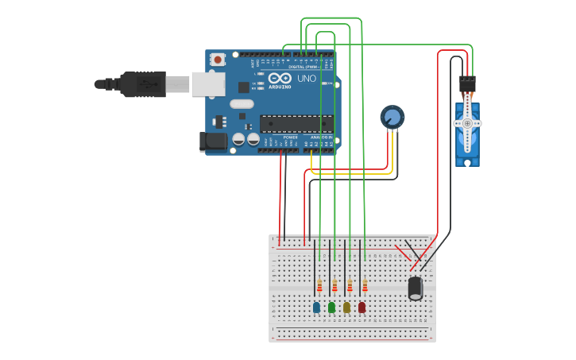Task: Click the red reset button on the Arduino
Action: [217, 59]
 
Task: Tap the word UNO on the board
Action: [307, 79]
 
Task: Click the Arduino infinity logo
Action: [280, 78]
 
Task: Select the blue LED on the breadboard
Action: [316, 307]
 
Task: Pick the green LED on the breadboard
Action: [331, 307]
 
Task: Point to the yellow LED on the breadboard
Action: [346, 307]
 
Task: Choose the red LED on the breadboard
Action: [361, 307]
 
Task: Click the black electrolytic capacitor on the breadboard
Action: [416, 288]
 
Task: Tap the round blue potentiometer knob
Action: [392, 118]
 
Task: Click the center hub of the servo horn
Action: [467, 123]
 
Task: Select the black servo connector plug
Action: [467, 83]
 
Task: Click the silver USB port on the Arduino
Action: [208, 83]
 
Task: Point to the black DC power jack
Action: [212, 141]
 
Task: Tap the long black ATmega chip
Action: [296, 123]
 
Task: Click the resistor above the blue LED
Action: [319, 285]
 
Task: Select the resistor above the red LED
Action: [365, 285]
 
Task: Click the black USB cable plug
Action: [143, 83]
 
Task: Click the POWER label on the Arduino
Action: [291, 137]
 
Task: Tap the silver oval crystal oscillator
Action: [242, 104]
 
